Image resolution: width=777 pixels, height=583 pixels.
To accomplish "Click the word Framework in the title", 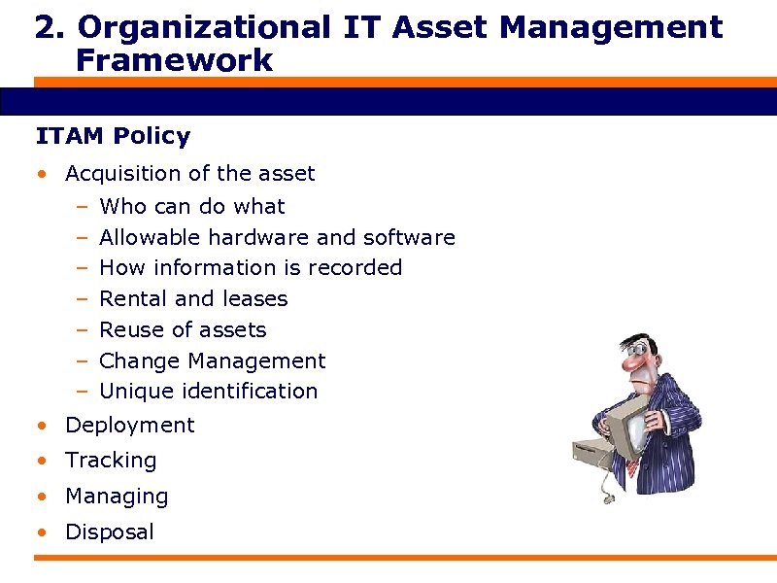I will pyautogui.click(x=174, y=61).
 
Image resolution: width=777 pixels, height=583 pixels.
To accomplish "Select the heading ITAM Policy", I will pyautogui.click(x=113, y=136).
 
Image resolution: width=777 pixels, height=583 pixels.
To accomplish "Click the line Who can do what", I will pyautogui.click(x=192, y=206).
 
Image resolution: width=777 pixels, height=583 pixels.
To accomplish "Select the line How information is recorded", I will pyautogui.click(x=251, y=267).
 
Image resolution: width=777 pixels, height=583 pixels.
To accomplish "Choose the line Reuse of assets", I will pyautogui.click(x=183, y=329).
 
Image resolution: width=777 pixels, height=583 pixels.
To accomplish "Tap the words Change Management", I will pyautogui.click(x=213, y=360).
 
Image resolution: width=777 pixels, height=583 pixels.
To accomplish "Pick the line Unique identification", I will pyautogui.click(x=209, y=391).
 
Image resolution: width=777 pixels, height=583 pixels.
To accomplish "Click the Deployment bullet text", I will pyautogui.click(x=129, y=426).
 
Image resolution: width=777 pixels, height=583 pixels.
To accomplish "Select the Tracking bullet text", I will pyautogui.click(x=111, y=461).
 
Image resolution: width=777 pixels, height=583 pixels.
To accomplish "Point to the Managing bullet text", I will pyautogui.click(x=117, y=497).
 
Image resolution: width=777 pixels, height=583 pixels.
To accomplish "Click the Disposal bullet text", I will pyautogui.click(x=109, y=532).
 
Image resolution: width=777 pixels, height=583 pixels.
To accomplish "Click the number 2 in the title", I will pyautogui.click(x=44, y=27).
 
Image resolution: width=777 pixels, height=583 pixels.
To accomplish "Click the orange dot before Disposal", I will pyautogui.click(x=41, y=532).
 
